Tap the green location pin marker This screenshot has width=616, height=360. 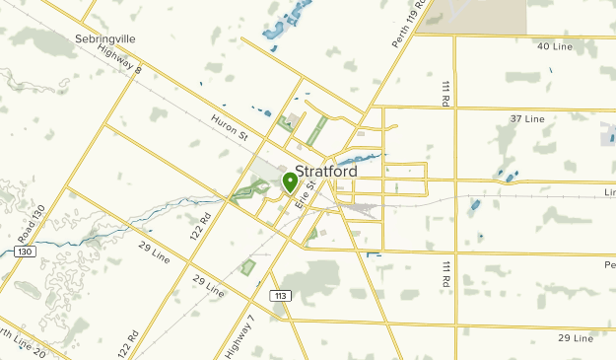[x=290, y=181]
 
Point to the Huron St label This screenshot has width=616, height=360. [x=228, y=129]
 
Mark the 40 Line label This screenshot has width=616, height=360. [x=555, y=46]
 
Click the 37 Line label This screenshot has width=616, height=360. [x=526, y=118]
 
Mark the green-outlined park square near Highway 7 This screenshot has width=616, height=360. [x=247, y=266]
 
